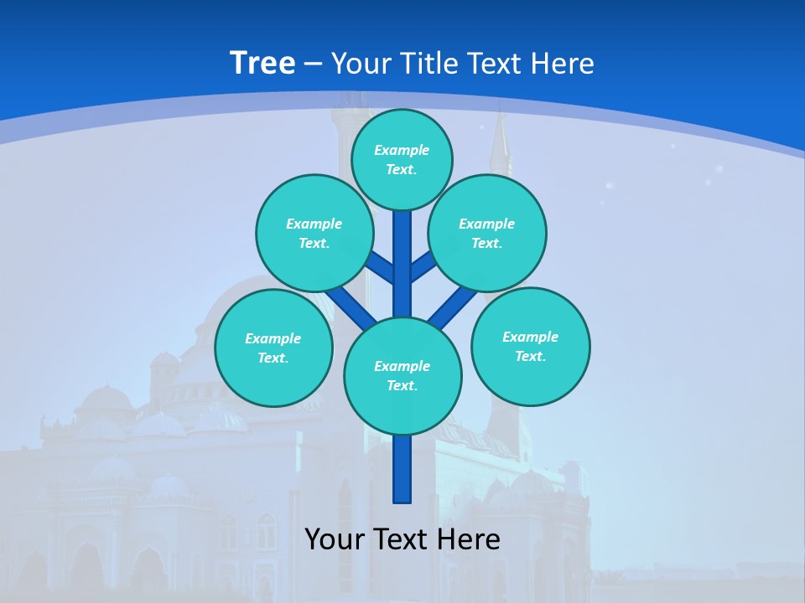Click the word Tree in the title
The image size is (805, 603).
click(x=262, y=64)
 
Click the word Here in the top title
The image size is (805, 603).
click(x=563, y=64)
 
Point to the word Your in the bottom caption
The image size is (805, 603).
click(x=335, y=539)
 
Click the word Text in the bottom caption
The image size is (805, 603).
click(x=399, y=539)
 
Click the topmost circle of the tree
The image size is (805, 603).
click(x=402, y=159)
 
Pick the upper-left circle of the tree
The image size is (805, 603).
click(x=314, y=233)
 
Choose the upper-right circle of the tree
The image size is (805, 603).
click(x=487, y=233)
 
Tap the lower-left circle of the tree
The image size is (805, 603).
click(x=273, y=348)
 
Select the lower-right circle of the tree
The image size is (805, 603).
click(x=530, y=346)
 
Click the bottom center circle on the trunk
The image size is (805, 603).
click(x=402, y=376)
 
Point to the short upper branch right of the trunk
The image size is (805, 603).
click(x=423, y=266)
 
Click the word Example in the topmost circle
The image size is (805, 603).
click(x=402, y=150)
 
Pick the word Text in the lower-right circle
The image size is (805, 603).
click(x=530, y=356)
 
